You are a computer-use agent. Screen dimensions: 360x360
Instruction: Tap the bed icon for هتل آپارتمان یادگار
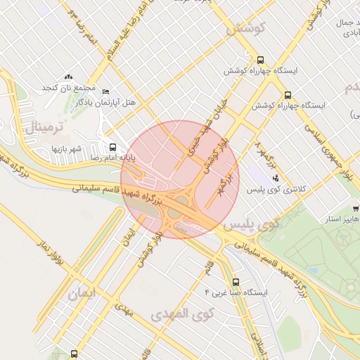pyautogui.click(x=106, y=92)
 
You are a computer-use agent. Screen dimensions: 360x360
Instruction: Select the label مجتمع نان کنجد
pyautogui.click(x=69, y=88)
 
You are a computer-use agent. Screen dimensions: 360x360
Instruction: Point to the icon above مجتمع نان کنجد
pyautogui.click(x=68, y=77)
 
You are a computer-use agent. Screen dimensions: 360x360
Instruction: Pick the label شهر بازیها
pyautogui.click(x=67, y=148)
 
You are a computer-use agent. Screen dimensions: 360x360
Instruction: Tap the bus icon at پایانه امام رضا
pyautogui.click(x=112, y=147)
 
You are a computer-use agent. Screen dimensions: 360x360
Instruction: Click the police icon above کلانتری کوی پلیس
pyautogui.click(x=275, y=178)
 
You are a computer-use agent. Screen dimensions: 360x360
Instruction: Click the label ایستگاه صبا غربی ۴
pyautogui.click(x=236, y=291)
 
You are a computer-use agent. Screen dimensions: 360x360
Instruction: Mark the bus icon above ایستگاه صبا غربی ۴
pyautogui.click(x=236, y=279)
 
